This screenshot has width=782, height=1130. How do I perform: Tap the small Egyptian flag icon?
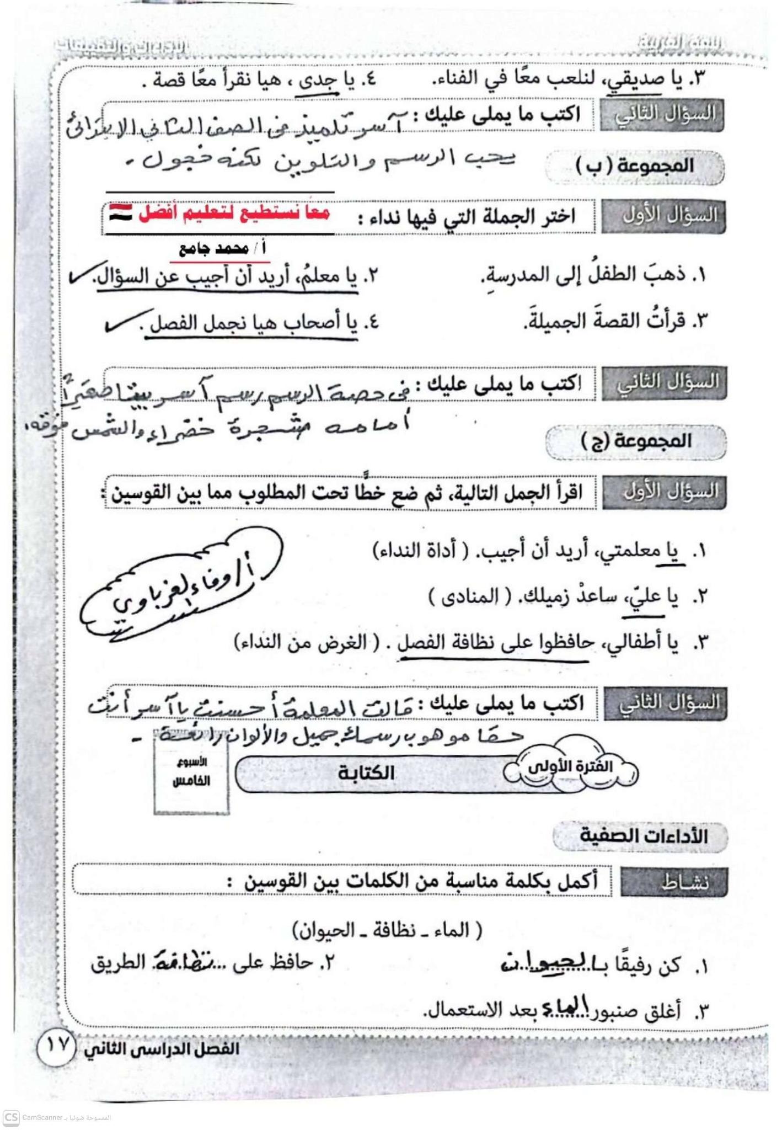pyautogui.click(x=120, y=213)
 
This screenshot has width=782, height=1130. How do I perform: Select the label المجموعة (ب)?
pyautogui.click(x=634, y=166)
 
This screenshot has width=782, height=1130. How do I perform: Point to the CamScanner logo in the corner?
pyautogui.click(x=11, y=1117)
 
